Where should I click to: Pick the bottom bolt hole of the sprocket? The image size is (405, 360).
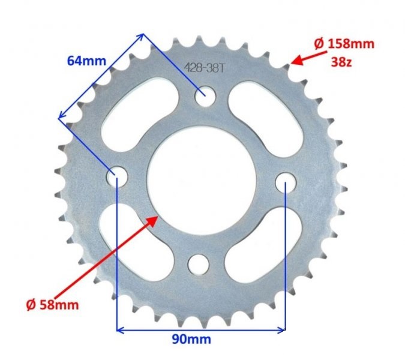[x=197, y=263]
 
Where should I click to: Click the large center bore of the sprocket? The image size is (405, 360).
[x=202, y=180]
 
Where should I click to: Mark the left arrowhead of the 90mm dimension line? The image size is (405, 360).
[x=121, y=329]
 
